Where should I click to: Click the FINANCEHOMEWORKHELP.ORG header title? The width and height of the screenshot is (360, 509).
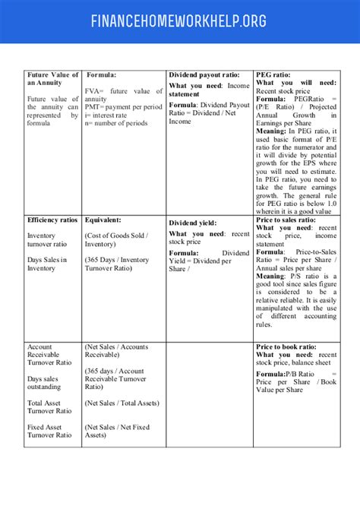pos(179,21)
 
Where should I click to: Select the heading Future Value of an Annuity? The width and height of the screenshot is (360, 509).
pos(52,79)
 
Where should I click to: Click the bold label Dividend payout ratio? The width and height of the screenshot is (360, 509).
pos(204,75)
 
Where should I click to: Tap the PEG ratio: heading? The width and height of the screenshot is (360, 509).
pos(273,75)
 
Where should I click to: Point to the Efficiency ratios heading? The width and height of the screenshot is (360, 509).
pos(52,220)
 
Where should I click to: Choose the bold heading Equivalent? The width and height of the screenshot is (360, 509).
pos(103,220)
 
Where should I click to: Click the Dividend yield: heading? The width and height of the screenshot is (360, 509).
pos(193,223)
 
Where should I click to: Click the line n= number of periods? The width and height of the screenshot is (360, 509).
pos(115,122)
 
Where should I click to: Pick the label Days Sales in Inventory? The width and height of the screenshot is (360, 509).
pos(47,264)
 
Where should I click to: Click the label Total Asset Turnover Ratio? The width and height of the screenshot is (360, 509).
pos(49,406)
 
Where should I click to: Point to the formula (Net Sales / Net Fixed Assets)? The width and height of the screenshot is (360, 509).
pos(117,431)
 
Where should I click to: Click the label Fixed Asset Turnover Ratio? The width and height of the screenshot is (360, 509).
pos(49,431)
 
